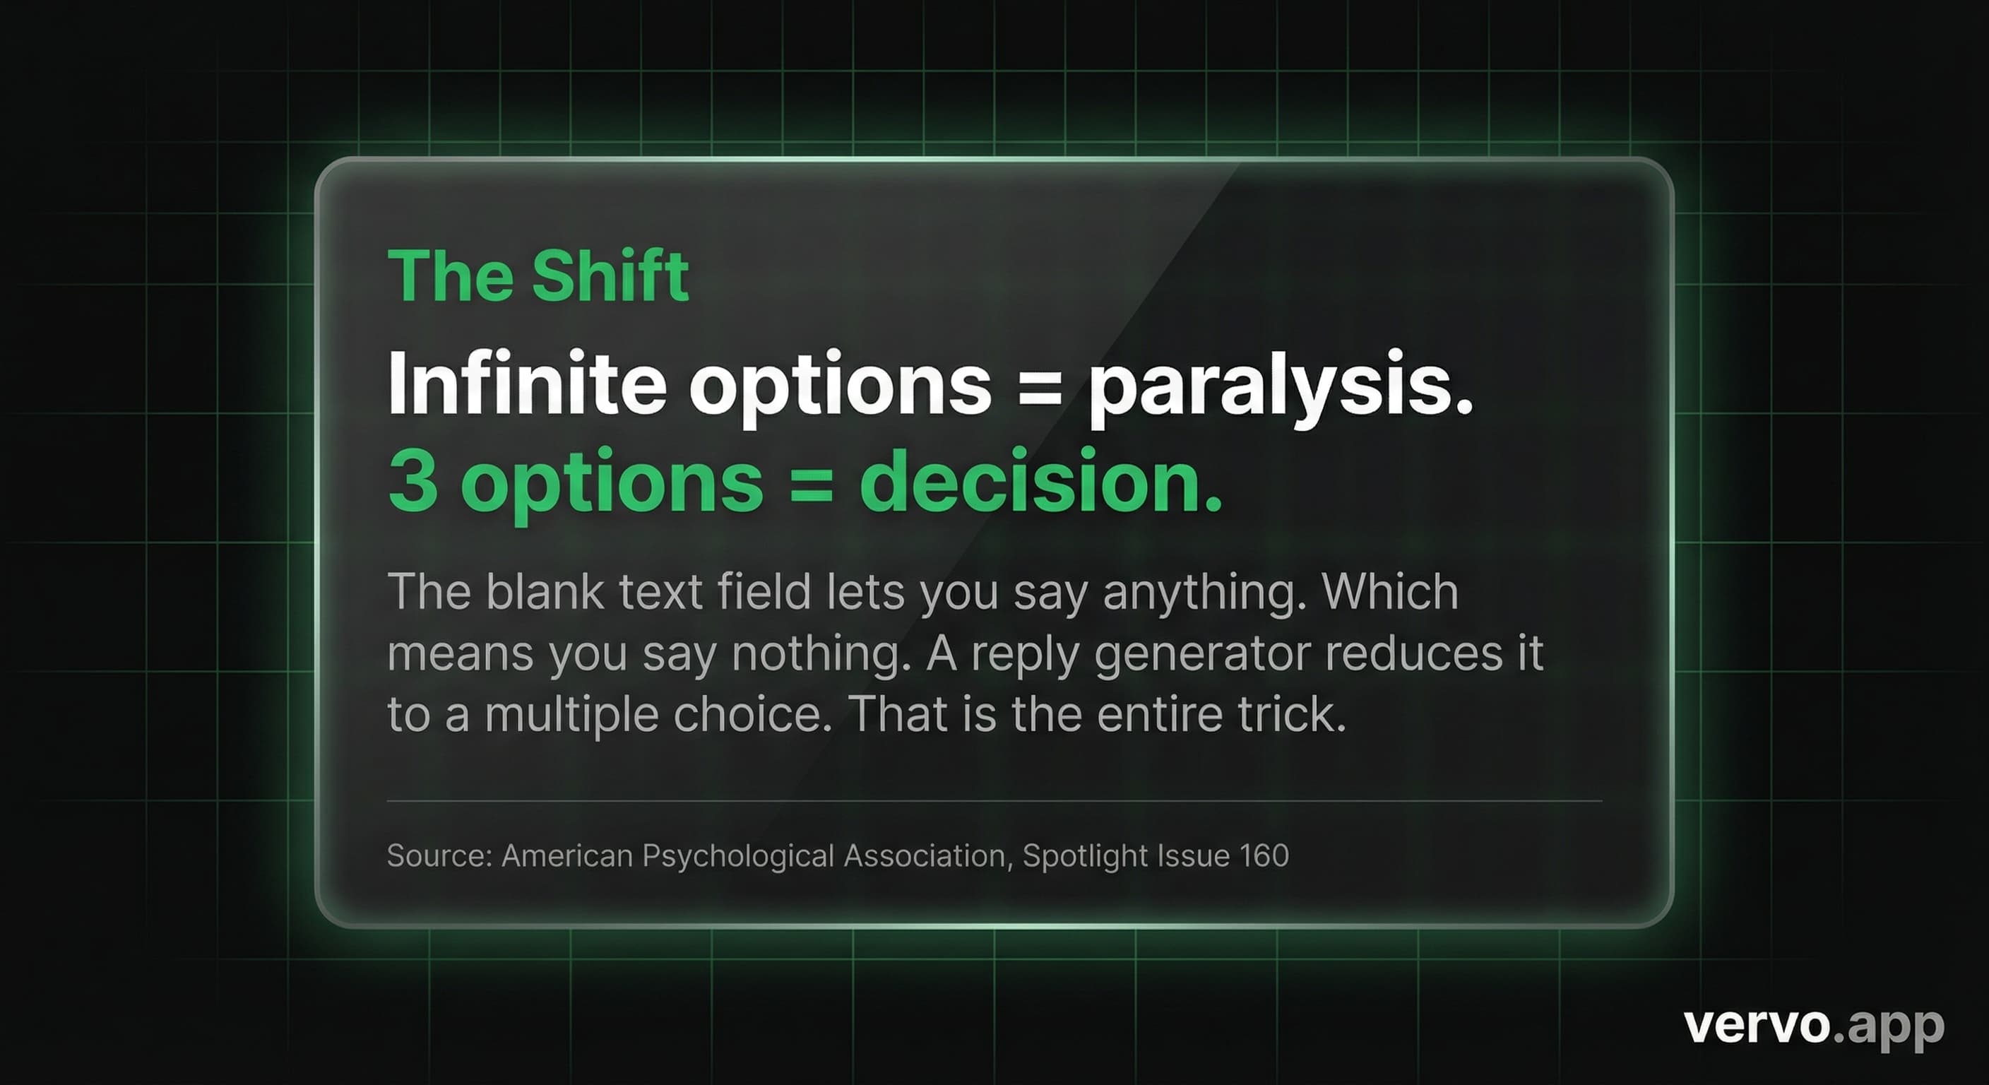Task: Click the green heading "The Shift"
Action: click(x=538, y=275)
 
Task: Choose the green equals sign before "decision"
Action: click(x=811, y=482)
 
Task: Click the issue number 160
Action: click(x=1264, y=855)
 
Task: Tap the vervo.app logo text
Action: click(x=1814, y=1026)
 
